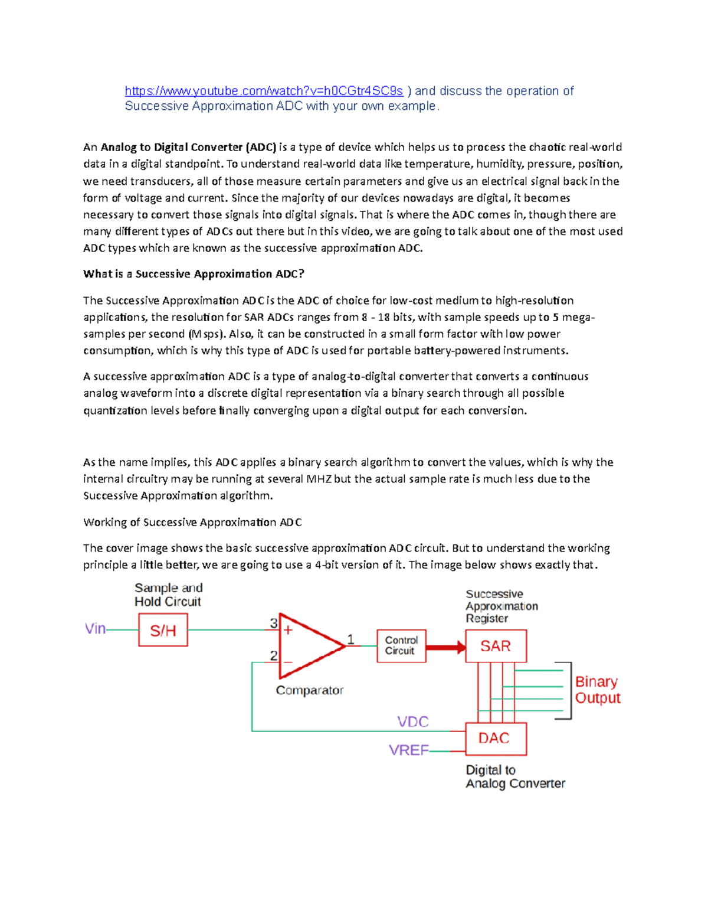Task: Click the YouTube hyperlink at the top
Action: pos(264,91)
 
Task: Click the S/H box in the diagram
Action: pos(163,630)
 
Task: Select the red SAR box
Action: pos(496,646)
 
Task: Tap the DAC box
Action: pos(496,739)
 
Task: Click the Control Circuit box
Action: pos(401,645)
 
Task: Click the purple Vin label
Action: pos(95,629)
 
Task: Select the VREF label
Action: pos(408,750)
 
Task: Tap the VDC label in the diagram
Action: pos(413,722)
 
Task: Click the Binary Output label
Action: pos(597,690)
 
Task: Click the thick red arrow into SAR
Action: pos(445,648)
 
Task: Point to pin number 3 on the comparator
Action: pos(274,623)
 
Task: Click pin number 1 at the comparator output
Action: pos(351,639)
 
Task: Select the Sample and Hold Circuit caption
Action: pos(168,595)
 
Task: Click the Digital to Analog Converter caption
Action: pos(515,776)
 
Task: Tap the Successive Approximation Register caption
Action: pos(501,606)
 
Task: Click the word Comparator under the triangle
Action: pos(310,690)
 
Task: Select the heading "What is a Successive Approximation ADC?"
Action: pos(194,274)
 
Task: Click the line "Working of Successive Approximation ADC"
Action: pos(192,522)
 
